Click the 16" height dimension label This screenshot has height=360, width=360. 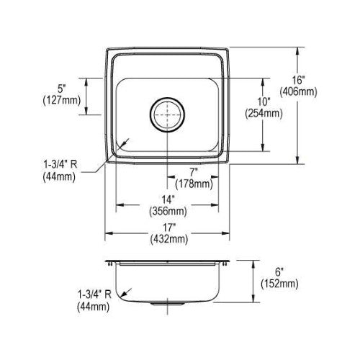298,80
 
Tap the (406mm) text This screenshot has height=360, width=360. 298,91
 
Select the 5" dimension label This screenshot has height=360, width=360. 61,89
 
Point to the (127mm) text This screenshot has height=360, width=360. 62,100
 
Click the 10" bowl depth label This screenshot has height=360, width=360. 264,102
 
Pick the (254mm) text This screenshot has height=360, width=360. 264,113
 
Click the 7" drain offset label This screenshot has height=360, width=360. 194,172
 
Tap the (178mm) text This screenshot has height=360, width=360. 194,184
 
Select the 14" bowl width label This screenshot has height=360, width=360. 168,199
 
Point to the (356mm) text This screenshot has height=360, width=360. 168,212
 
